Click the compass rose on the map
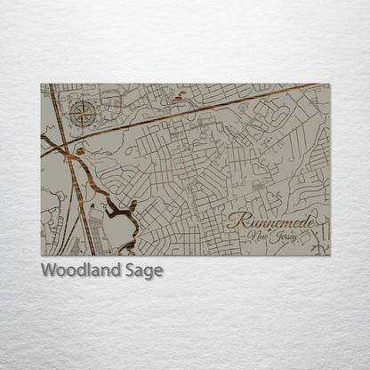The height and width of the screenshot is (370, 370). point(82,113)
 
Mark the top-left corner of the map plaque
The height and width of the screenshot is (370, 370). point(41,84)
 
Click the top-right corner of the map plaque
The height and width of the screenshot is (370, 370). point(329,84)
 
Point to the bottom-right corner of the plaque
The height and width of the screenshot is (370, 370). point(329,256)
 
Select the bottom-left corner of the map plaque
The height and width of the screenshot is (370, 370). point(41,256)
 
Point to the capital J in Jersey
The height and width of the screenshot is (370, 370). point(277,237)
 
